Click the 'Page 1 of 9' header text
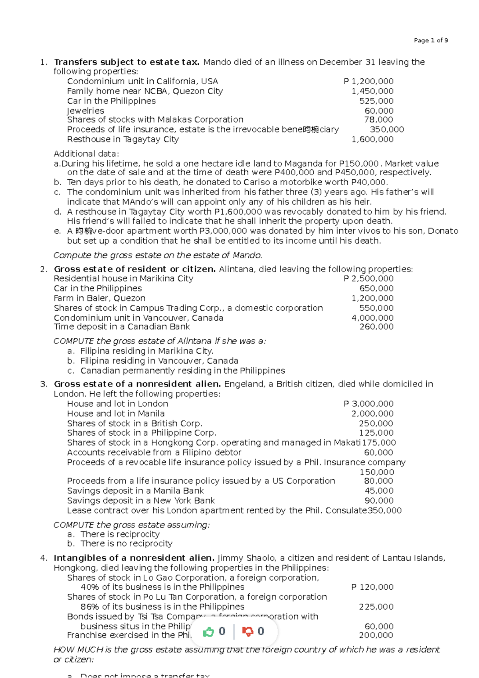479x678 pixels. coord(431,40)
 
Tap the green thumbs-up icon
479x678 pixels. coord(208,632)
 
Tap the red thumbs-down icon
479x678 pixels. coord(247,632)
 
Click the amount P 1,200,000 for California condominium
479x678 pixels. coord(368,81)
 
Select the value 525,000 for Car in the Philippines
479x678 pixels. coord(376,101)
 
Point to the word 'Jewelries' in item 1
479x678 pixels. coord(85,111)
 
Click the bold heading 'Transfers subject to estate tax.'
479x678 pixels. coord(127,62)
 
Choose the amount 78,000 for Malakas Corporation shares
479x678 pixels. coord(378,120)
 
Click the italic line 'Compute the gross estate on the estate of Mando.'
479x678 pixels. coord(158,255)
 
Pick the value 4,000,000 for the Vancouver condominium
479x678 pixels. coord(372,318)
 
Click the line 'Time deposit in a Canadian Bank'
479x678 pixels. coord(122,327)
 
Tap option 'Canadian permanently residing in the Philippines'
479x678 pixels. coord(182,371)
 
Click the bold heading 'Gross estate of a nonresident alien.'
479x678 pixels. coord(137,384)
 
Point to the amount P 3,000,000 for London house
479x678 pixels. coord(368,404)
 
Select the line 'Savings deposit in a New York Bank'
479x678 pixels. coord(141,501)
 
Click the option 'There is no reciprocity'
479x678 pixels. coord(126,543)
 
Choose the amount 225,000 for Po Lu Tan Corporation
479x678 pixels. coord(376,607)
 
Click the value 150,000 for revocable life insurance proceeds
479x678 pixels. coord(376,472)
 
